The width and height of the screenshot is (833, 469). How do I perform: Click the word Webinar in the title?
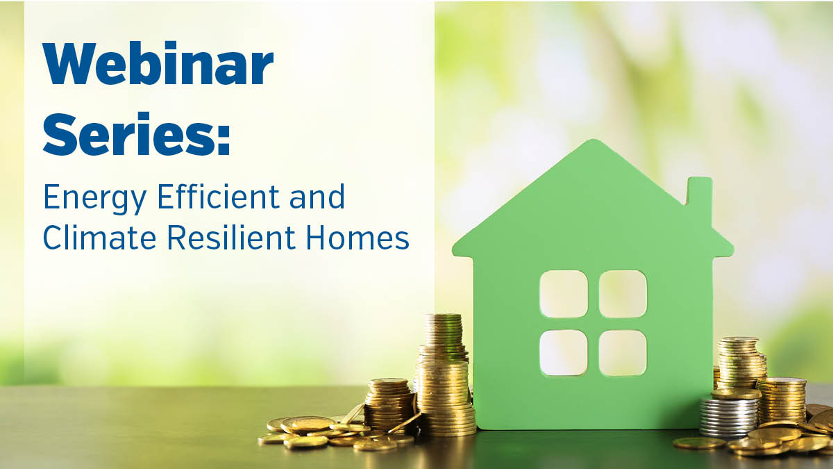[158, 64]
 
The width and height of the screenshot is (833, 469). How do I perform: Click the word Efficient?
[218, 197]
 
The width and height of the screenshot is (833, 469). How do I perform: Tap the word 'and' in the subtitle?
[317, 197]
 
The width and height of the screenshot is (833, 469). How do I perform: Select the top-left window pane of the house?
[564, 294]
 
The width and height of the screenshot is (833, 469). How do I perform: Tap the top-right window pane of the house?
[623, 294]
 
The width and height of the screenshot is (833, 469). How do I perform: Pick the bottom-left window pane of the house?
[564, 353]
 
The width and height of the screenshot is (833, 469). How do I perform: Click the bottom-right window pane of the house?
[623, 353]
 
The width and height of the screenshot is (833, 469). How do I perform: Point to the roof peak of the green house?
[594, 140]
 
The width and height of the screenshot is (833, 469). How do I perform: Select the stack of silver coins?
[728, 418]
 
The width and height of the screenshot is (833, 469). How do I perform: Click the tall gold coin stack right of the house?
[741, 363]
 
